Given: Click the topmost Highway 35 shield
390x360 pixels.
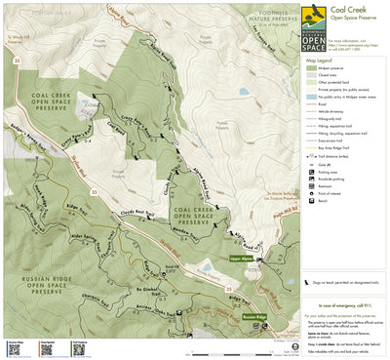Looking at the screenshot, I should [x=16, y=60].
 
